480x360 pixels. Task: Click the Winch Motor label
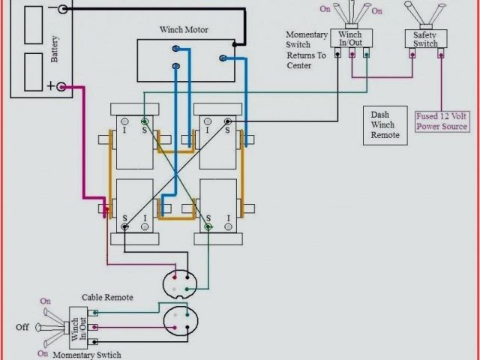tap(184, 30)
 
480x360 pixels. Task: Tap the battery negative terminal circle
tap(62, 9)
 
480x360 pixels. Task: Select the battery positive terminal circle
tap(62, 87)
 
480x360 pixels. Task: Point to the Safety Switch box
tap(425, 38)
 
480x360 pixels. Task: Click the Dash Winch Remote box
tap(385, 127)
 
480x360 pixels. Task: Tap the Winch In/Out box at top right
tap(351, 38)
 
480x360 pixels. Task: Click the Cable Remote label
tap(107, 298)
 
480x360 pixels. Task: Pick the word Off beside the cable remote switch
tap(22, 327)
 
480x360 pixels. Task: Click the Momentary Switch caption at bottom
tap(86, 355)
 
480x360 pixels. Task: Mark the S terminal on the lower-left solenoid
tap(124, 219)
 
